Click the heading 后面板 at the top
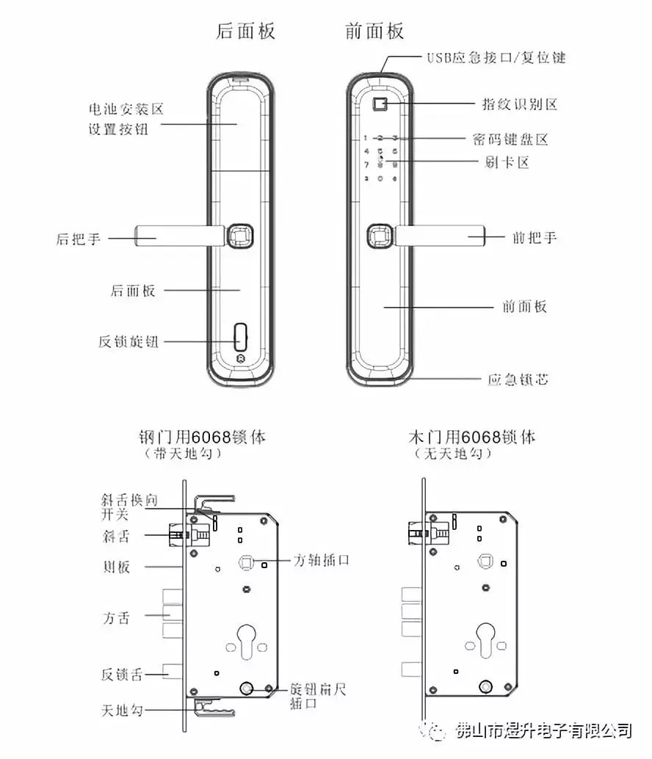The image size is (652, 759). [245, 32]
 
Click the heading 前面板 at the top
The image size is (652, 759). [374, 32]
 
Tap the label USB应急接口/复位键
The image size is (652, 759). [496, 57]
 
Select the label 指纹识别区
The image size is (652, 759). [519, 103]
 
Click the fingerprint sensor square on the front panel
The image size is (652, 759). [380, 104]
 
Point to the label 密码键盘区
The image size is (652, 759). [511, 139]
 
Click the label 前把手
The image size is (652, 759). [534, 237]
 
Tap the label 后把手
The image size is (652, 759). [79, 239]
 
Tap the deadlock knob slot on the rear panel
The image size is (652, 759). [240, 337]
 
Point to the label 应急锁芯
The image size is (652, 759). [518, 379]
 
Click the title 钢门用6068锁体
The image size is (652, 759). [202, 437]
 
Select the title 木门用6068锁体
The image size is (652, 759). [472, 437]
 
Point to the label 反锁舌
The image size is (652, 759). [122, 675]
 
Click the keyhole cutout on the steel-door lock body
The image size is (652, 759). [247, 638]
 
